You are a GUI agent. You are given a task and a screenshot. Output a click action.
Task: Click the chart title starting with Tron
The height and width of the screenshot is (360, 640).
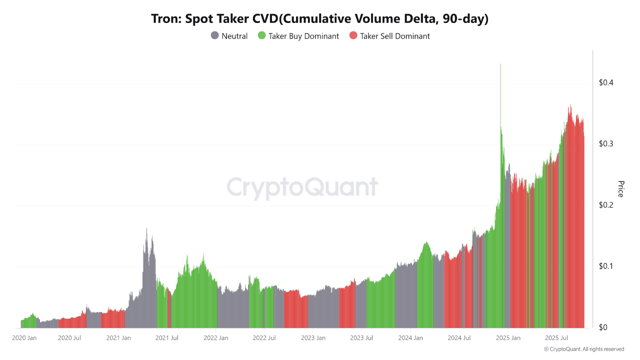click(x=320, y=19)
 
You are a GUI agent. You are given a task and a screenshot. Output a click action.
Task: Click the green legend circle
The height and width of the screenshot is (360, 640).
click(x=261, y=36)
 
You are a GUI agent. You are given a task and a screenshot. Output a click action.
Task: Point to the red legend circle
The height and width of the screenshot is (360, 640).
click(x=353, y=36)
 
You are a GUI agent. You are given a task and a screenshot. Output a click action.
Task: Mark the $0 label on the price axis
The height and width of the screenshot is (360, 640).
click(x=604, y=327)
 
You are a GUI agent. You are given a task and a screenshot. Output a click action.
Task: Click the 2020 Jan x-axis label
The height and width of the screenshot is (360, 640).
click(x=24, y=338)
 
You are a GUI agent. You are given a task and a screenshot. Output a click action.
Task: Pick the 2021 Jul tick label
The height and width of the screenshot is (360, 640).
click(x=167, y=338)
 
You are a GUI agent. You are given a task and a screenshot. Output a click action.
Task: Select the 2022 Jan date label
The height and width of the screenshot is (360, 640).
click(x=215, y=338)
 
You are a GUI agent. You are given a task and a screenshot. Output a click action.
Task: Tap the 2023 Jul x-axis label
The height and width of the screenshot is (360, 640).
click(x=361, y=338)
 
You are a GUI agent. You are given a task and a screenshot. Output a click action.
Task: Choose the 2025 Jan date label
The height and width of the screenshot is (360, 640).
click(x=507, y=338)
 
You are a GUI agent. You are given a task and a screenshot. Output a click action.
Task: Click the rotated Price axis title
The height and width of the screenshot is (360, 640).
click(x=621, y=189)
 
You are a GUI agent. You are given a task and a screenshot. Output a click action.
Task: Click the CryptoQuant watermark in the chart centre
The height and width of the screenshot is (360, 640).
click(x=302, y=187)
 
